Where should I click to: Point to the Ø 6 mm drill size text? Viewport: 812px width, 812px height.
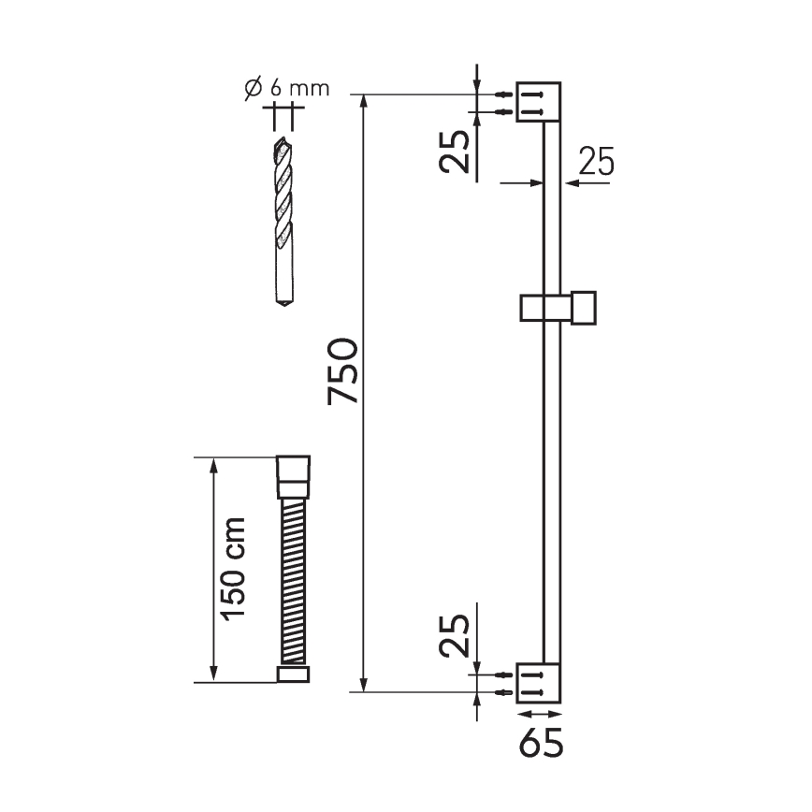(x=287, y=89)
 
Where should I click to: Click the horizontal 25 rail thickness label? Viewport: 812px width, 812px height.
(x=595, y=163)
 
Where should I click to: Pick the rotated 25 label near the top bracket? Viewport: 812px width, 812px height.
(x=456, y=152)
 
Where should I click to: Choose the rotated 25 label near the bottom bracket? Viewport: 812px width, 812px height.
(x=456, y=636)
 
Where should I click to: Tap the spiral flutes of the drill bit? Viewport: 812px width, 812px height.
(x=283, y=201)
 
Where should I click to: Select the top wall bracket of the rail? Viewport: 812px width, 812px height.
(x=540, y=103)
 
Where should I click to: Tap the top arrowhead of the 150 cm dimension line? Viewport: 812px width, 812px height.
(x=214, y=464)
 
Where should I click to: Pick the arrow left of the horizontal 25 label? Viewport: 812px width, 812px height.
(x=524, y=183)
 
